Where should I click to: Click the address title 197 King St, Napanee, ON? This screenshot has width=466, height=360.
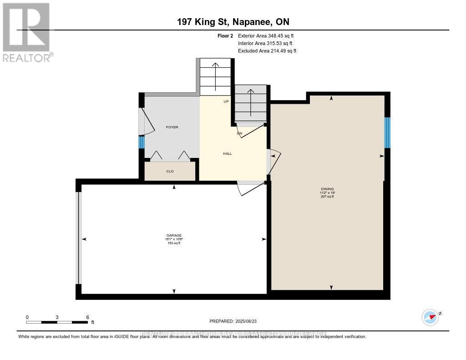click(x=233, y=22)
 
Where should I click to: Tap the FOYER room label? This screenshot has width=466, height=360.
click(x=172, y=127)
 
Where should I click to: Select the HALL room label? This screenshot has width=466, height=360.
click(x=227, y=153)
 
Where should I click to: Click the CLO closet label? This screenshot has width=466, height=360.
click(x=170, y=171)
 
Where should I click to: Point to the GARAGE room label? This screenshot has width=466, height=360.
click(x=173, y=235)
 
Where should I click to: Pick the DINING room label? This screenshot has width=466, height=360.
click(x=327, y=189)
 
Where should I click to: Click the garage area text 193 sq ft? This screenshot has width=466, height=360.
click(x=173, y=243)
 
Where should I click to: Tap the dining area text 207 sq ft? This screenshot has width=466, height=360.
click(x=327, y=197)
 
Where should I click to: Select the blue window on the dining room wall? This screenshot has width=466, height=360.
click(x=387, y=132)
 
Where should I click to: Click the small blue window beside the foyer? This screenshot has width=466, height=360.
click(x=141, y=142)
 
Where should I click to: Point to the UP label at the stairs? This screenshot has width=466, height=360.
click(x=226, y=101)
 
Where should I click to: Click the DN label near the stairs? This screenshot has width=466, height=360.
click(x=239, y=133)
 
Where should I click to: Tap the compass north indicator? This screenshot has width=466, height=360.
click(x=430, y=316)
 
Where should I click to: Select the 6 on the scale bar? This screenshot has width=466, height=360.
click(x=87, y=317)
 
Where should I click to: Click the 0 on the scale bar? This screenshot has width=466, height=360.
click(x=27, y=317)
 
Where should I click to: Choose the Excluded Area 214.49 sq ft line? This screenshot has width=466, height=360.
click(x=267, y=51)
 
